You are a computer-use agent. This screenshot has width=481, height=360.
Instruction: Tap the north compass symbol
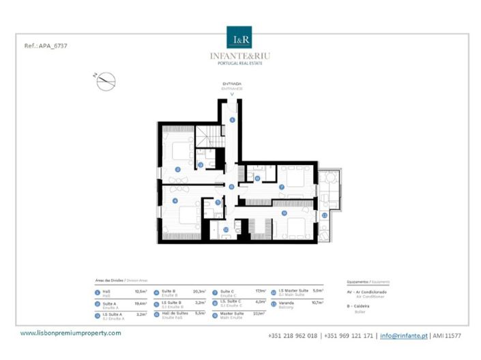click(103, 82)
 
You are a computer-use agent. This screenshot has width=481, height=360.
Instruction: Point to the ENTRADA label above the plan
click(232, 85)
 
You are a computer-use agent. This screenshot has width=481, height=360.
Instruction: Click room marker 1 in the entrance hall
click(232, 120)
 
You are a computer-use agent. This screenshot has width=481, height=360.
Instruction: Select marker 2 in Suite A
click(177, 168)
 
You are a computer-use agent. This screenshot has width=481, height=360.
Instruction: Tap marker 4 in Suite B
click(175, 200)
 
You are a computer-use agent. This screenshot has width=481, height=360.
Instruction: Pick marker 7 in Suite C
click(282, 186)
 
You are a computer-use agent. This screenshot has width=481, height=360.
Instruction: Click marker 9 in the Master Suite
click(283, 213)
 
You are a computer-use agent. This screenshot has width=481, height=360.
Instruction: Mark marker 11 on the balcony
click(325, 215)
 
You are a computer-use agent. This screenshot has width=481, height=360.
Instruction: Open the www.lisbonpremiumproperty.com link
click(70, 333)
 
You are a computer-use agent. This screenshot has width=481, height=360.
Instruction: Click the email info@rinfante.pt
click(403, 335)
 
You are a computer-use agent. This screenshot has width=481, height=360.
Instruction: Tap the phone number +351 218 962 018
click(293, 335)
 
